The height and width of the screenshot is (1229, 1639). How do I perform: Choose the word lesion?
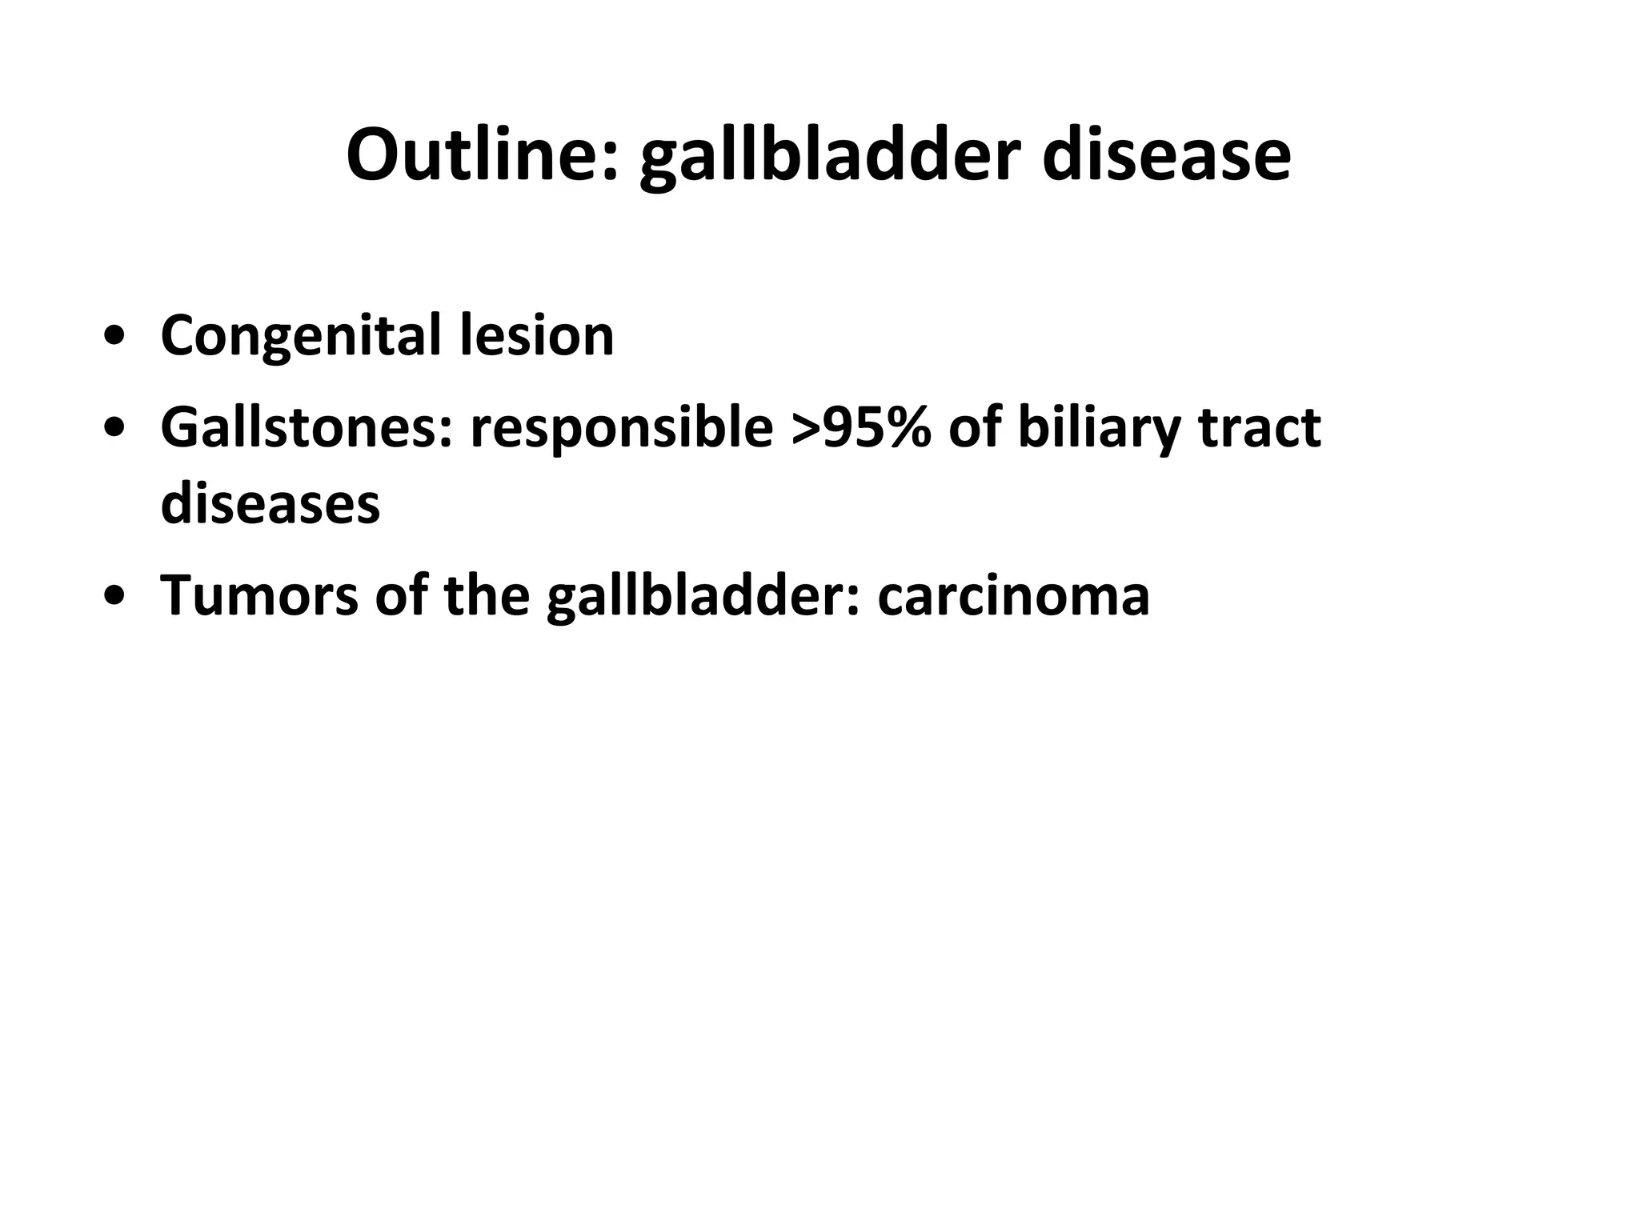(537, 334)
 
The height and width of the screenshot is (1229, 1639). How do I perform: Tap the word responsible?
(621, 429)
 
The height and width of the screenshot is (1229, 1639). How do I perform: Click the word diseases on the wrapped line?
(270, 503)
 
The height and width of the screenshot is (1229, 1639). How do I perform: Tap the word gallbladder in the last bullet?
(703, 597)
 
